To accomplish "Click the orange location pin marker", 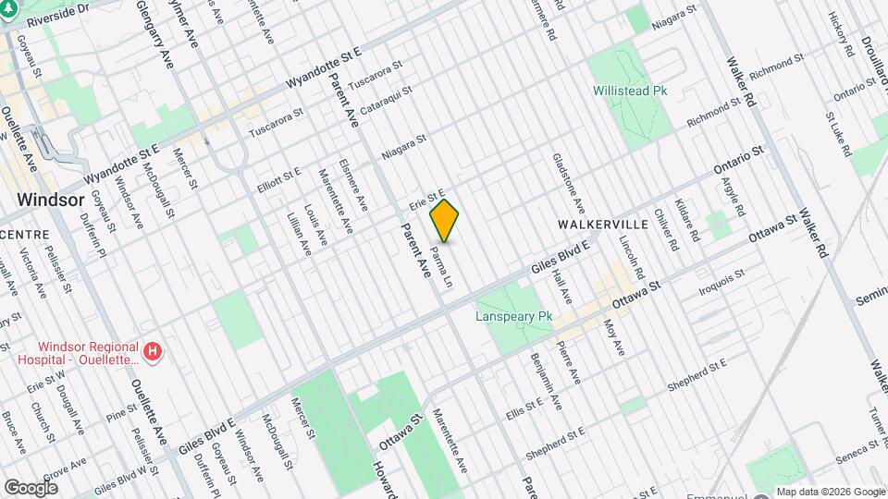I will [445, 221].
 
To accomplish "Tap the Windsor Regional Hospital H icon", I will [154, 352].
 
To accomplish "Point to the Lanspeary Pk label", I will [513, 316].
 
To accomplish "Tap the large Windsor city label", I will [51, 200].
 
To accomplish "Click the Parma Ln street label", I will [443, 264].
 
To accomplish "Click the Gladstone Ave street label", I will [568, 181].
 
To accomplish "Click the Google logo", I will [31, 487].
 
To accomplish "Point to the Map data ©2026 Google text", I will [830, 492].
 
